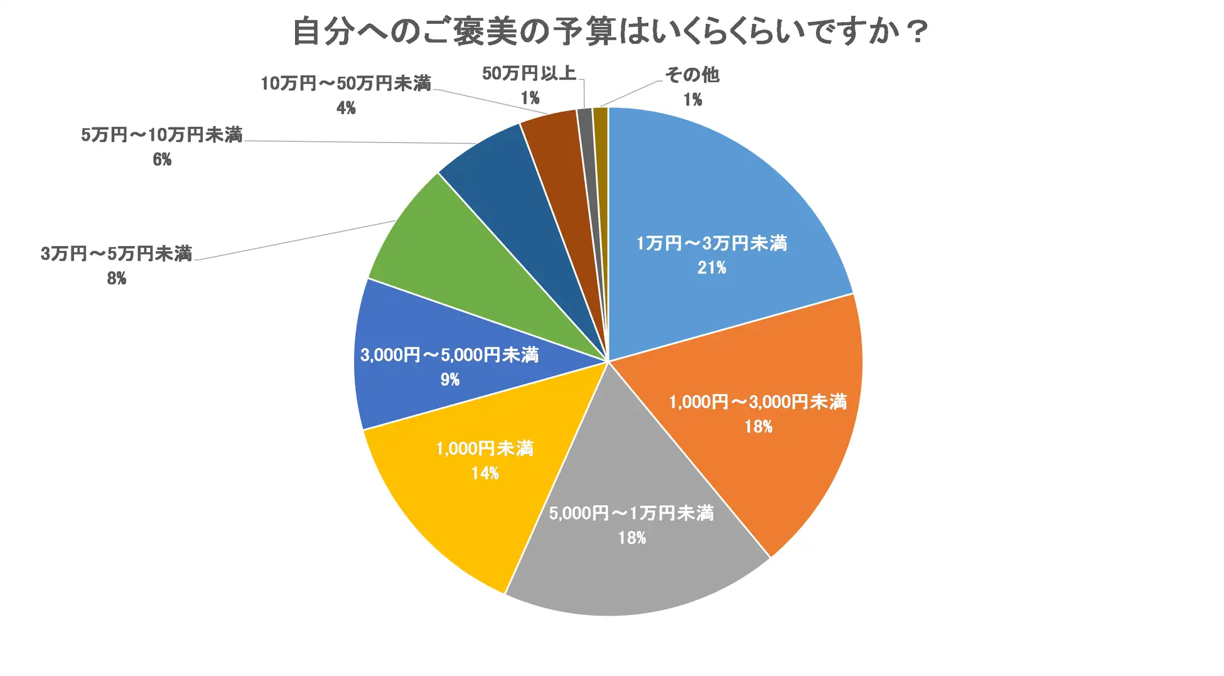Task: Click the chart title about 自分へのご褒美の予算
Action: click(x=610, y=31)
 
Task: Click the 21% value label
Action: click(x=712, y=268)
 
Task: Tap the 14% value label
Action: click(x=485, y=473)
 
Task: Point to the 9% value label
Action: click(x=450, y=380)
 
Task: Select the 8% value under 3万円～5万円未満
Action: click(x=117, y=279)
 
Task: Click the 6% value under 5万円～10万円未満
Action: click(x=162, y=160)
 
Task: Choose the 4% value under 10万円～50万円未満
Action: click(x=346, y=109)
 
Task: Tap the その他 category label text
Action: click(x=692, y=75)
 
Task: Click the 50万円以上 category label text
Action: click(x=529, y=73)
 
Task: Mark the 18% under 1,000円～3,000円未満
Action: click(x=758, y=427)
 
